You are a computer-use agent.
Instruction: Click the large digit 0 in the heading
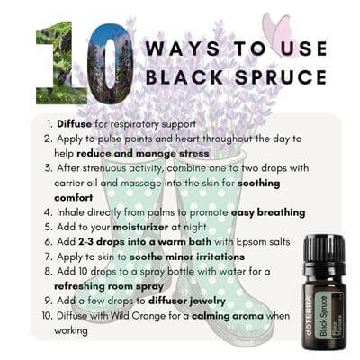point(110,64)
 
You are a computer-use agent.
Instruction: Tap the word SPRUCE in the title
point(281,77)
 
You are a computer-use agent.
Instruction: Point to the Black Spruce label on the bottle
point(326,316)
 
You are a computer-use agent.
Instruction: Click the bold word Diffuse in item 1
point(75,123)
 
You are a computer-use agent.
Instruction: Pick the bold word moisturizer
point(140,227)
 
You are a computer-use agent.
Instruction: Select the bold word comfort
point(74,198)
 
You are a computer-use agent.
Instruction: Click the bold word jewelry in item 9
point(208,301)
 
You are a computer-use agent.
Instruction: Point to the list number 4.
point(48,212)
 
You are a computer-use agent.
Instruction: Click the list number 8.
point(49,272)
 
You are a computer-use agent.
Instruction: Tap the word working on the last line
point(71,331)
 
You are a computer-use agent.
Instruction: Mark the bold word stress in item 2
point(194,154)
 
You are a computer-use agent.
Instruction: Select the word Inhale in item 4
point(70,212)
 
